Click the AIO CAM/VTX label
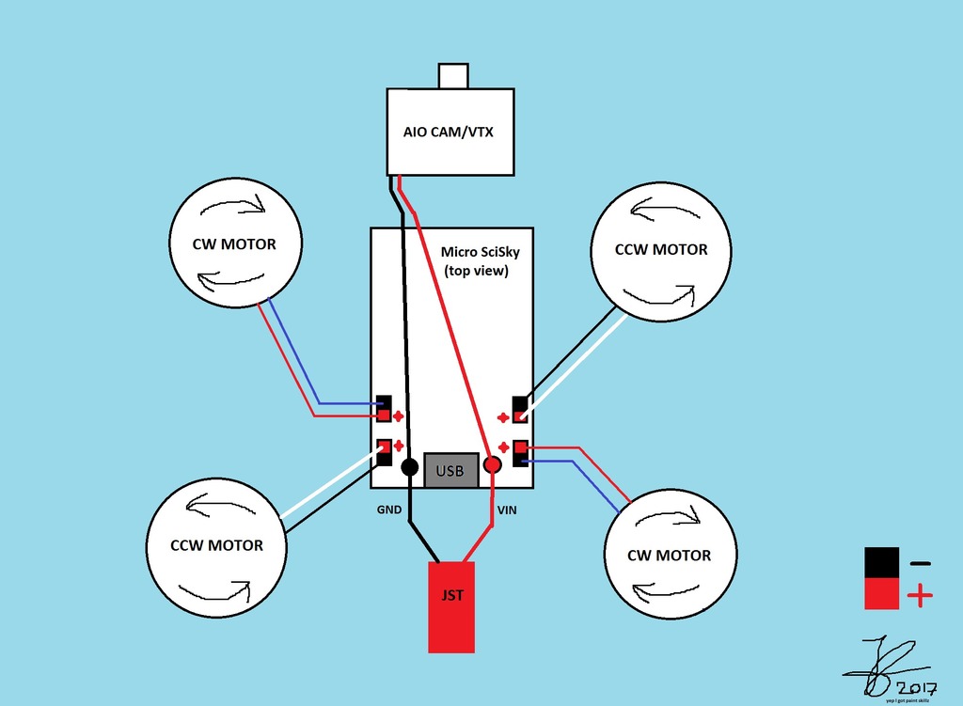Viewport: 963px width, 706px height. (449, 132)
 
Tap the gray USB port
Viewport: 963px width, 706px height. (450, 470)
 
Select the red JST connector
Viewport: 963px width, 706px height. (451, 606)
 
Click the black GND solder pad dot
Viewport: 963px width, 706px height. (410, 466)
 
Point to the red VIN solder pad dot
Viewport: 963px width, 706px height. (493, 464)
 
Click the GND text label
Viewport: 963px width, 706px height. (390, 510)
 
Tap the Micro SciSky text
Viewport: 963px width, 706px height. (479, 253)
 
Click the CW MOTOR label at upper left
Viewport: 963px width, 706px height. (234, 244)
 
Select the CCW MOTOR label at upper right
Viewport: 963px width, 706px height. (661, 249)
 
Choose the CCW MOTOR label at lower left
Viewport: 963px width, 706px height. (217, 545)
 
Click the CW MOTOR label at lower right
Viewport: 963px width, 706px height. (669, 556)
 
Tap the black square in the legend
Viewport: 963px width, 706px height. (882, 563)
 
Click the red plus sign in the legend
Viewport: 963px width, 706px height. (920, 595)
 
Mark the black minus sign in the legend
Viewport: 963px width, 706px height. (920, 563)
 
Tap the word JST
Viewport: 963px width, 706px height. (451, 595)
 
